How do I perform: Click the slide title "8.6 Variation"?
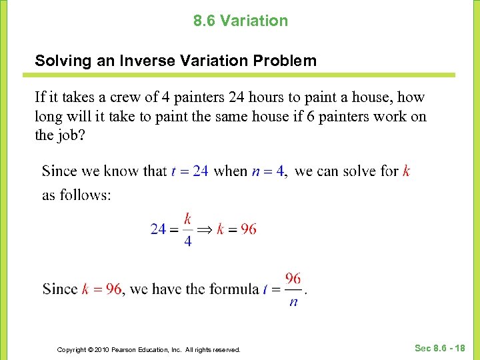coord(241,21)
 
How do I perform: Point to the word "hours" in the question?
coord(271,97)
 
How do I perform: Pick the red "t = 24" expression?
coord(190,171)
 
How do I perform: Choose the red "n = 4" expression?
coord(268,171)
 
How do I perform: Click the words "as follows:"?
coord(76,195)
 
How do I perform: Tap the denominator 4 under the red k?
coord(187,241)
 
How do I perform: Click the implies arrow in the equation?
coord(205,229)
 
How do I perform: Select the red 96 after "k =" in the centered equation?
coord(248,229)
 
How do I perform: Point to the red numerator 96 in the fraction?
coord(293,277)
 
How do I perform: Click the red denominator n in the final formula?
coord(293,302)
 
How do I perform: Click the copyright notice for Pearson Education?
coord(149,349)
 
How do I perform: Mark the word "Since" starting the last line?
coord(60,289)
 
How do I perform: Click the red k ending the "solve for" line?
coord(407,171)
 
